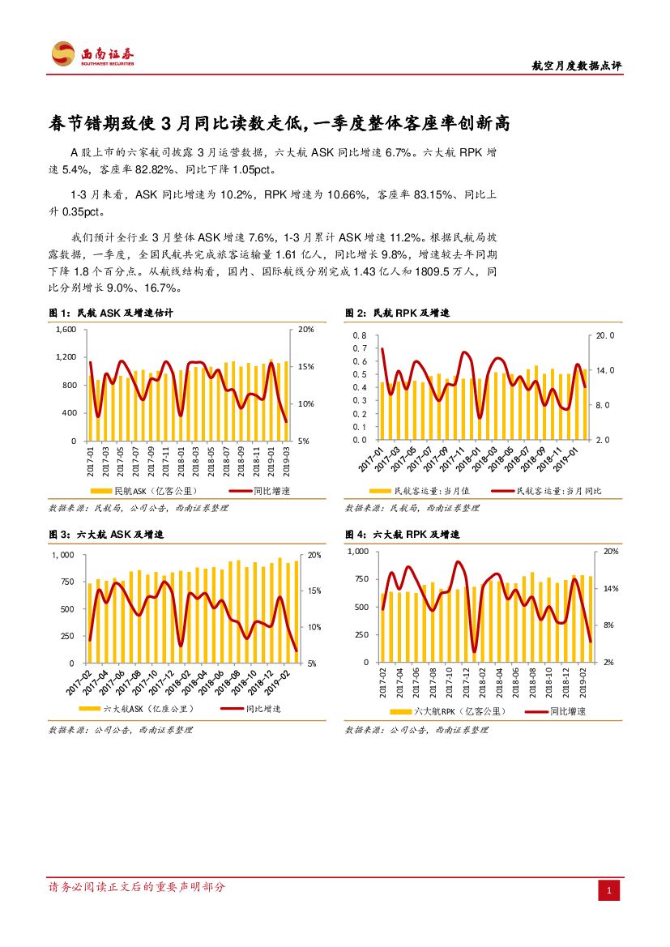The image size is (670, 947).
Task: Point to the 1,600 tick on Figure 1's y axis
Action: click(66, 330)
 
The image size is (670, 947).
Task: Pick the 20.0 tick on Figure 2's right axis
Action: click(607, 335)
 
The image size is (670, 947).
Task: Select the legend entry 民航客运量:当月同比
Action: click(559, 491)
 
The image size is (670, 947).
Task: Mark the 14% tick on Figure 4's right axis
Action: click(611, 588)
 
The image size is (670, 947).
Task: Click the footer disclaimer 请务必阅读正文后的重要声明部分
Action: click(138, 887)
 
